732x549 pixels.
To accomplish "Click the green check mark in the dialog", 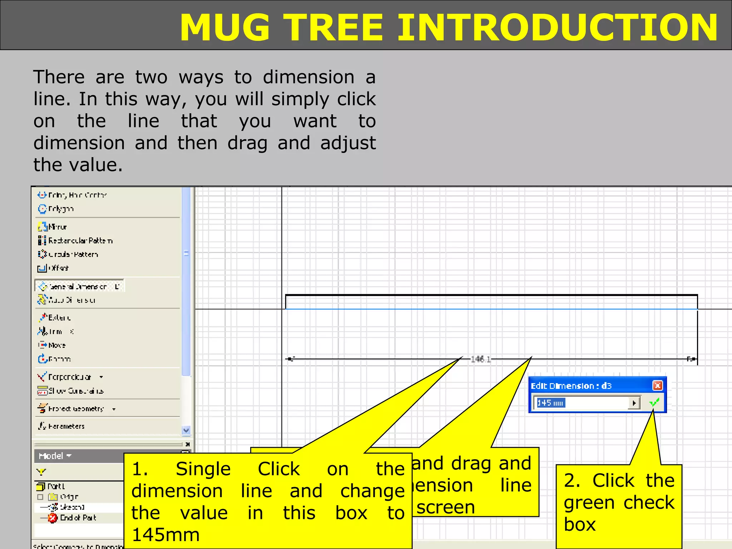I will coord(654,403).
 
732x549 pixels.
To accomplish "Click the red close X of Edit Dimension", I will coord(657,385).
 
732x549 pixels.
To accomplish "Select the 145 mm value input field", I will coord(583,403).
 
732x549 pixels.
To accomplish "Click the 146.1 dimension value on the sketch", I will coord(481,359).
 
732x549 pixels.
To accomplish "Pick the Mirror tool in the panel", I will coord(57,227).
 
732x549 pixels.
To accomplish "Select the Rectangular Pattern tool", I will coord(80,241).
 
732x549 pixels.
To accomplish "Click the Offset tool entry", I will coord(58,268).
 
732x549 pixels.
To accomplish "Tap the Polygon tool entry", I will coord(61,209).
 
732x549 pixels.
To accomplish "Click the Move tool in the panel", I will coord(56,345).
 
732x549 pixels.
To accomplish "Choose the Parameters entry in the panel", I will coord(66,426).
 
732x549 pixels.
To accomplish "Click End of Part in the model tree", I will coord(78,518).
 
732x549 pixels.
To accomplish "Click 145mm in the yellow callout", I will coord(165,535).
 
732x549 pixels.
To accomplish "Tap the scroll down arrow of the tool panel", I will coord(186,430).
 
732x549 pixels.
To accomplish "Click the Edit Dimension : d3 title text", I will coord(571,386).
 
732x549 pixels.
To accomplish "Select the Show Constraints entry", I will coord(75,391).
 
